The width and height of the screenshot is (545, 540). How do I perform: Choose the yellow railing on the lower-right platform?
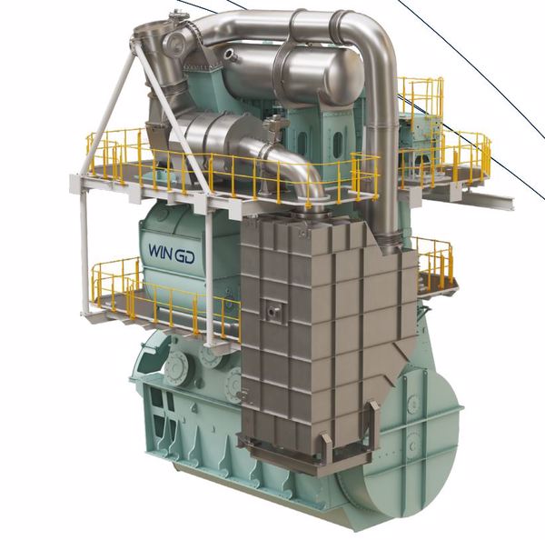[x=434, y=259]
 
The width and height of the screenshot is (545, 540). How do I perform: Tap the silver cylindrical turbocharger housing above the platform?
[x=218, y=136]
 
